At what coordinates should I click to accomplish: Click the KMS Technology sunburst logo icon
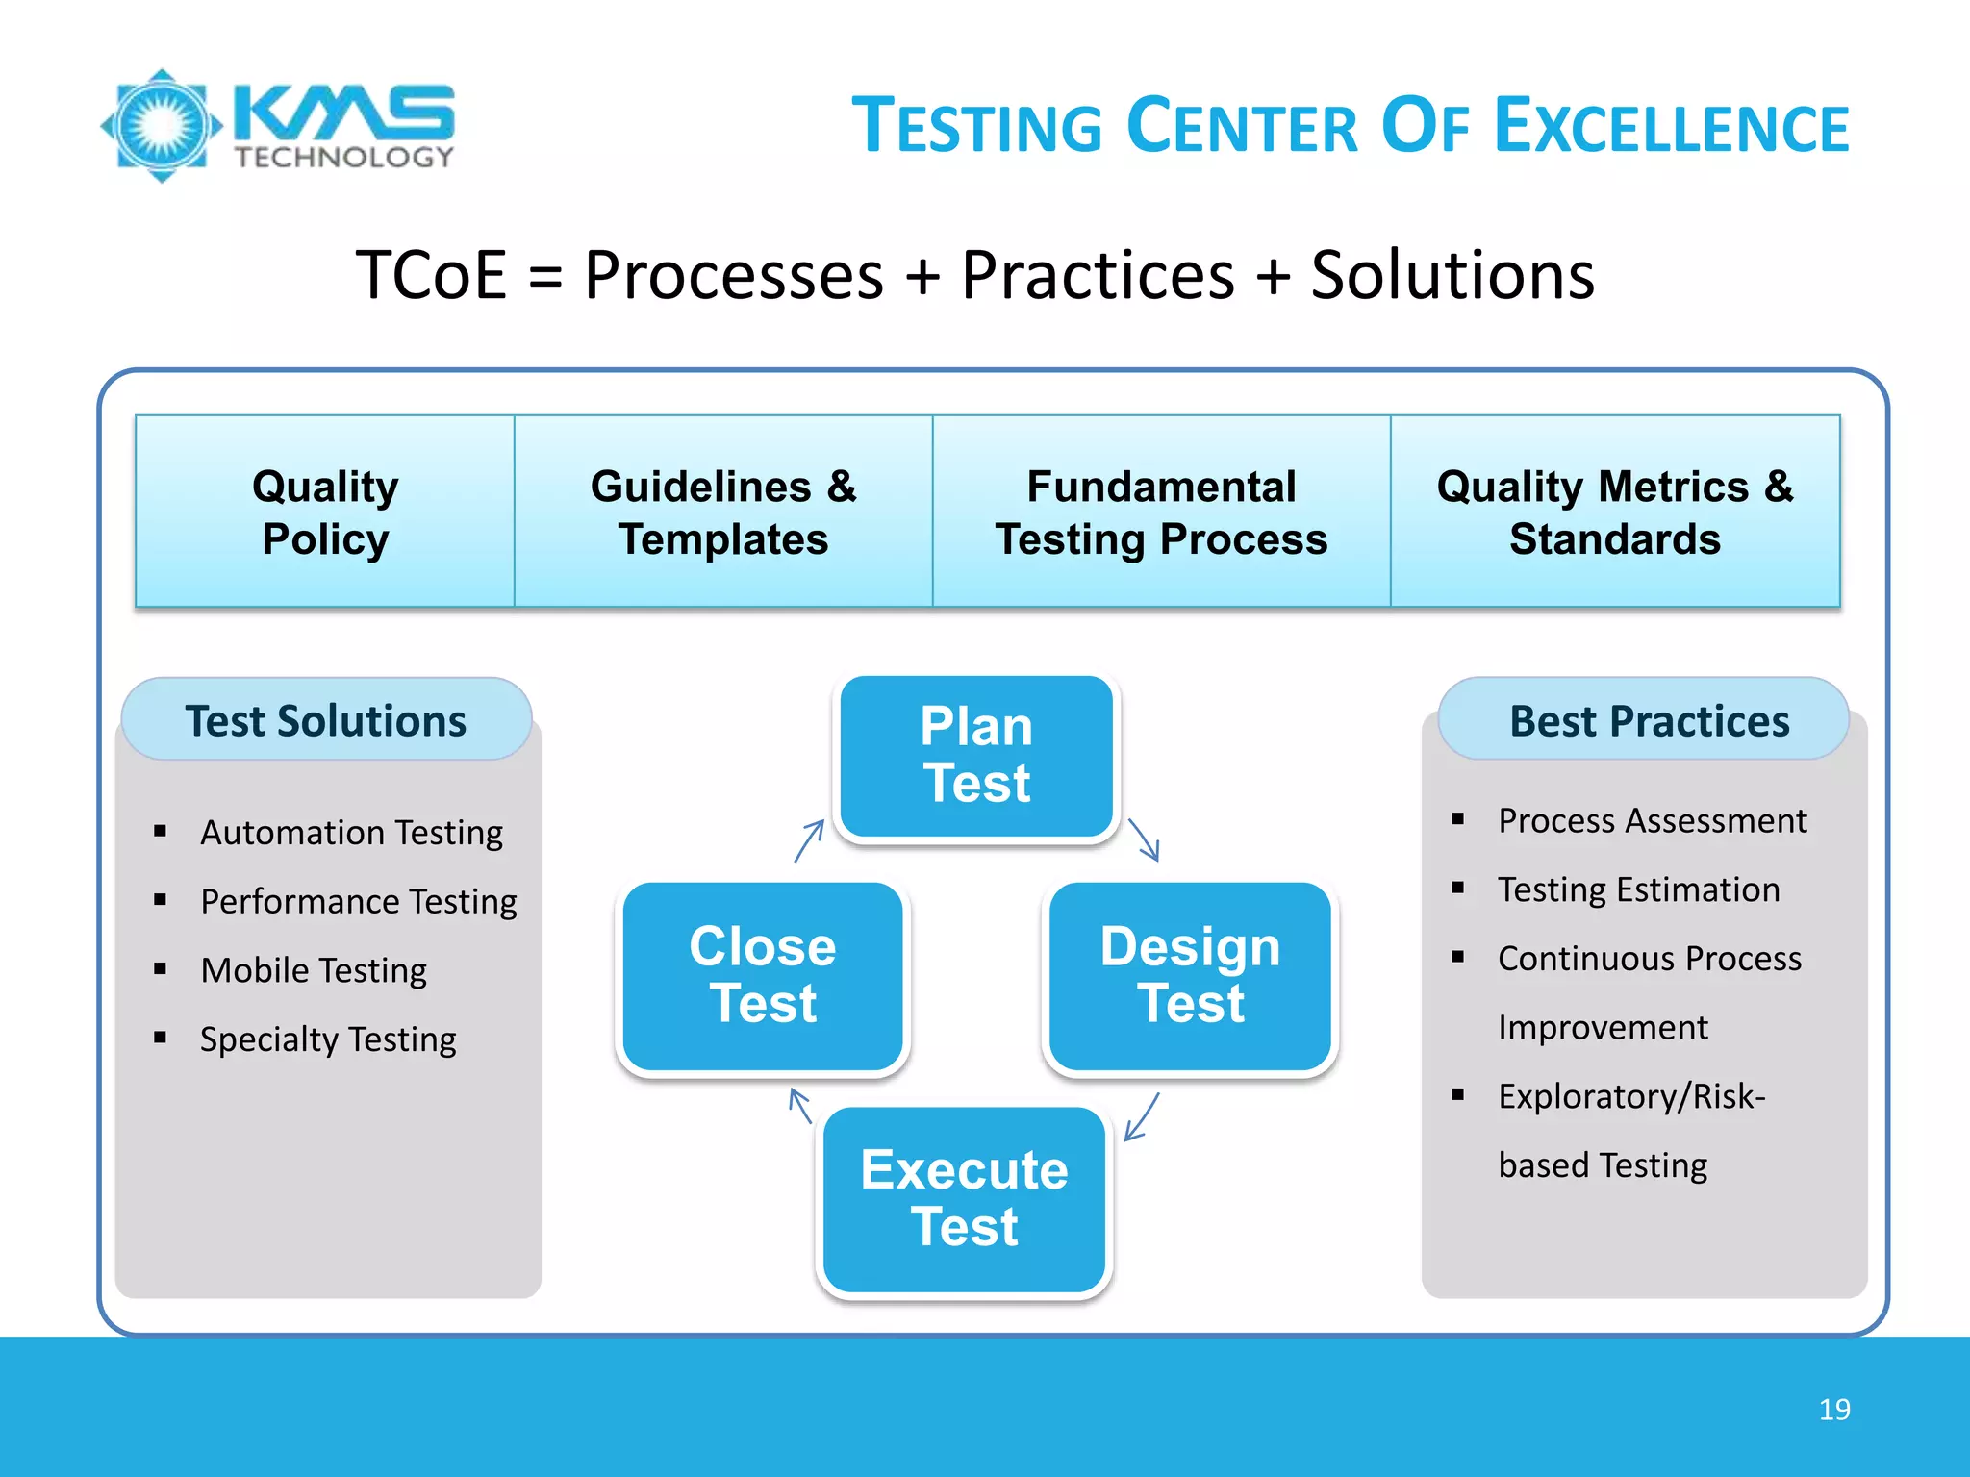tap(162, 126)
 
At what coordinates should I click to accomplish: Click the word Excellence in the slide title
tap(1672, 127)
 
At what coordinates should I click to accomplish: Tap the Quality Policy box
tap(325, 512)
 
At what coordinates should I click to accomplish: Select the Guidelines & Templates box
tap(723, 512)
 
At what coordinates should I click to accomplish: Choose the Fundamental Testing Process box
tap(1161, 512)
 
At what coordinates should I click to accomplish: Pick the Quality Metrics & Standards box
tap(1615, 512)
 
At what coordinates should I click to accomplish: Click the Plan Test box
tap(976, 756)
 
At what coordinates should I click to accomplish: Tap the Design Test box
tap(1190, 975)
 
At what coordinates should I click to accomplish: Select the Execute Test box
tap(964, 1198)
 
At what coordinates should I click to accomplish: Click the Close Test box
tap(763, 975)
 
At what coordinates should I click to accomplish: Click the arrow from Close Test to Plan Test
tap(809, 840)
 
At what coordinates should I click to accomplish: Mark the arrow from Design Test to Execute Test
tap(1142, 1116)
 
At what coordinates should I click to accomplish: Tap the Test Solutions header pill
tap(326, 720)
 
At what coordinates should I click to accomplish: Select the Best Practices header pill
tap(1649, 720)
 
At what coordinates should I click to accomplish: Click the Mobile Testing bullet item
tap(314, 970)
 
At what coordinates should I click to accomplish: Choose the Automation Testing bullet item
tap(351, 832)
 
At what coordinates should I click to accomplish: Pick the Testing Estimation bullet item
tap(1638, 889)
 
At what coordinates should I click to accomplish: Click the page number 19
tap(1833, 1410)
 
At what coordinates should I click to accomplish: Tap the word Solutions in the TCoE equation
tap(1452, 276)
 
